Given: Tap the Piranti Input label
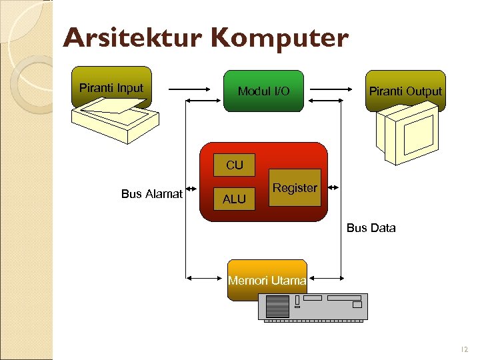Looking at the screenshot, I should pyautogui.click(x=111, y=87).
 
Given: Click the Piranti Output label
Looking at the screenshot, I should pyautogui.click(x=405, y=91).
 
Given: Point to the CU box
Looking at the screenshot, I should pyautogui.click(x=234, y=165).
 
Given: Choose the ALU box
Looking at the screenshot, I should pyautogui.click(x=234, y=199).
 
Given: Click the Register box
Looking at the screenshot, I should pyautogui.click(x=295, y=188).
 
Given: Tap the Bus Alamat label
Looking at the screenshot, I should pyautogui.click(x=152, y=194).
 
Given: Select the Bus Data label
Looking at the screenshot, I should pyautogui.click(x=371, y=228).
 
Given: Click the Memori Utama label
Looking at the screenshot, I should pyautogui.click(x=267, y=281).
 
